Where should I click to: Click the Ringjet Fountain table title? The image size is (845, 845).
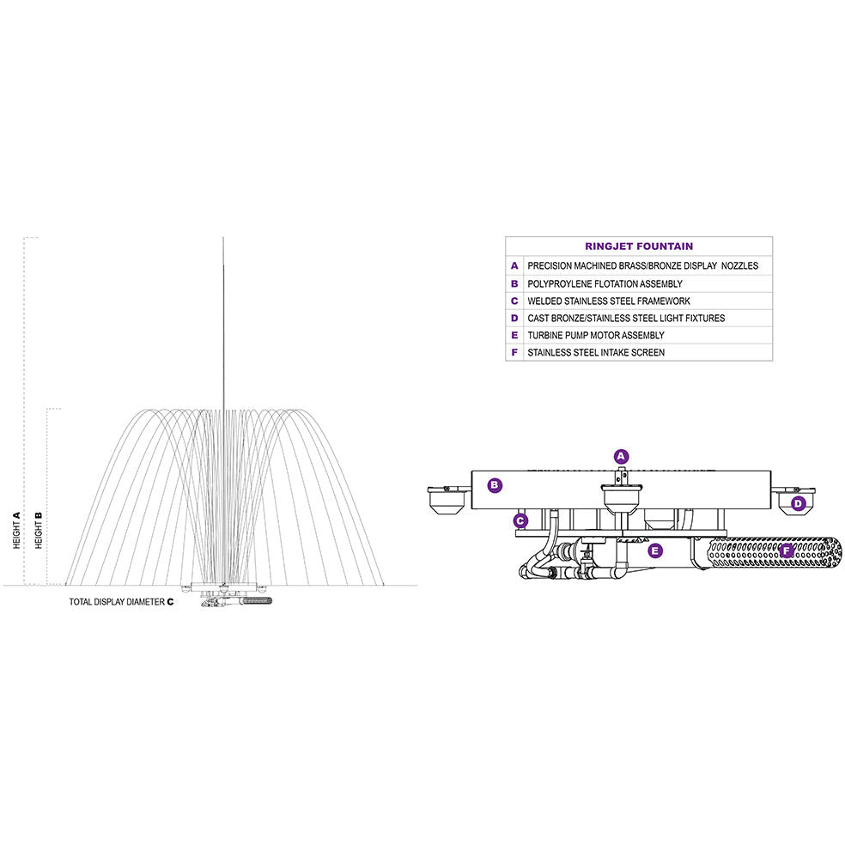coord(639,246)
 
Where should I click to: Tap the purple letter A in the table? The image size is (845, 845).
coord(514,266)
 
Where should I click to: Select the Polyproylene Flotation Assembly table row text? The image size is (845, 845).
coord(605,283)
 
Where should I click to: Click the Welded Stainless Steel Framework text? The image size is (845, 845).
coord(608,301)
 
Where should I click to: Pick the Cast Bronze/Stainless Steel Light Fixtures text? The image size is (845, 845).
coord(625,318)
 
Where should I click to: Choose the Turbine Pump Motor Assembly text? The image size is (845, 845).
coord(595,335)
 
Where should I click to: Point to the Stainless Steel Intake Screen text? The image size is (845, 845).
coord(595,352)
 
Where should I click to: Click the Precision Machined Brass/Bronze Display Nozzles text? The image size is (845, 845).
coord(642,266)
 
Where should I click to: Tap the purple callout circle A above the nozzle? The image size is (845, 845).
coord(622,457)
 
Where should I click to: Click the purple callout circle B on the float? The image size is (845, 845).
coord(495,485)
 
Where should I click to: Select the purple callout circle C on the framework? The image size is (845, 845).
coord(520,520)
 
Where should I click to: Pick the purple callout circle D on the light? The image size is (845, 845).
coord(798,503)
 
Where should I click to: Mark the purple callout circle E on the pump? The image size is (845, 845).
coord(656,550)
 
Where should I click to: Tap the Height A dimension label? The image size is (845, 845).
coord(16,530)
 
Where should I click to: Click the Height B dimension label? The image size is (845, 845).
coord(39,530)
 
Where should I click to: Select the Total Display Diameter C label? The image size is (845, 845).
coord(121,602)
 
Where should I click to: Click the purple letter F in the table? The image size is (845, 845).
coord(514,352)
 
